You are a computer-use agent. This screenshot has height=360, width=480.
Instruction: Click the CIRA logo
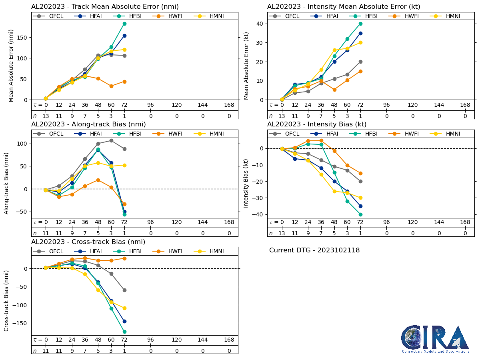436,339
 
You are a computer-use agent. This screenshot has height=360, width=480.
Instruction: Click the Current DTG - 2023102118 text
314,250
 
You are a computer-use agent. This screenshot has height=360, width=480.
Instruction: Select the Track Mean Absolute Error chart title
105,7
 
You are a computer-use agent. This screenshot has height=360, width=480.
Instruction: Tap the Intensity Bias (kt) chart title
317,124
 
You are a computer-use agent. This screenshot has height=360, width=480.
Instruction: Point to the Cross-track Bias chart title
88,242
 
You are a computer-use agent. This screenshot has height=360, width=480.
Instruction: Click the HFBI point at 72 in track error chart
124,24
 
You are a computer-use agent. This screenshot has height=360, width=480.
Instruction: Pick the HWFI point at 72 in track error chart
124,82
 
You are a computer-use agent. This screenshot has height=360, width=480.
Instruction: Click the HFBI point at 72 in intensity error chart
360,24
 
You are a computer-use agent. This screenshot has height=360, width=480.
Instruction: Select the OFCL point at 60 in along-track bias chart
111,140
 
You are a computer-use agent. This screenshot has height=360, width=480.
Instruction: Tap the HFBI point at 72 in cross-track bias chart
124,332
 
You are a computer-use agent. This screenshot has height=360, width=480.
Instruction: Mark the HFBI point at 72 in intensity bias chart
360,214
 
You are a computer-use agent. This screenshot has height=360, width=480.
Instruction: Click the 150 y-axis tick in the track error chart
24,38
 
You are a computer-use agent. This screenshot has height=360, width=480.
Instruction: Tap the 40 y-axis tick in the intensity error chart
260,24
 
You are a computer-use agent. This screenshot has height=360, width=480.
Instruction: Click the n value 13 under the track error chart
46,116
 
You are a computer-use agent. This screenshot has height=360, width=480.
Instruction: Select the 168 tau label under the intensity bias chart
465,222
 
